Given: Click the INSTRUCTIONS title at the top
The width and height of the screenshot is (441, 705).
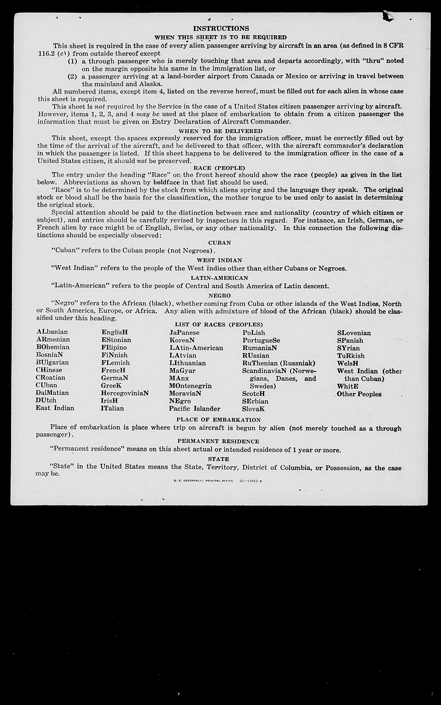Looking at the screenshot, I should (221, 28).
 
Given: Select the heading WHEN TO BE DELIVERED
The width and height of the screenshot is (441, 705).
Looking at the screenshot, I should (220, 131).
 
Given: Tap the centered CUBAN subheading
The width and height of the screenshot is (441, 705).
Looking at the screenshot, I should (219, 243).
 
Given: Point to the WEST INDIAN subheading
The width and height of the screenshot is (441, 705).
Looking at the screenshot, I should (219, 260).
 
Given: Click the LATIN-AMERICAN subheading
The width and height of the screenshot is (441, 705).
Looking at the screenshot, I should (219, 278).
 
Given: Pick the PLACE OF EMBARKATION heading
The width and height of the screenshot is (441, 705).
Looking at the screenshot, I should (218, 420).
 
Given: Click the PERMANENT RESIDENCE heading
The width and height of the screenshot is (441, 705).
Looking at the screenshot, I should (218, 441).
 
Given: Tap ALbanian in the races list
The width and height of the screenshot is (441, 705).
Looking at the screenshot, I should (52, 332).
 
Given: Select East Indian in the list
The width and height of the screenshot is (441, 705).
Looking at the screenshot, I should (55, 408).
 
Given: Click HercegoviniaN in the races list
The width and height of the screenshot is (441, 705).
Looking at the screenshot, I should (124, 393).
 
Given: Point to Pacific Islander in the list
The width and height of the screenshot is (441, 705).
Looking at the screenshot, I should (195, 409).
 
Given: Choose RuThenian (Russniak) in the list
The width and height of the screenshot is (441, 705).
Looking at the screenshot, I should (279, 363).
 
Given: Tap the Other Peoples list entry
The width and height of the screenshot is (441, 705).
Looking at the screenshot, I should (359, 394).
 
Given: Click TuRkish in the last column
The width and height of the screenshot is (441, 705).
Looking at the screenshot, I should (351, 356).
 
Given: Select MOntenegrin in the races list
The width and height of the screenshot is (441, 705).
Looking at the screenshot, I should (190, 386).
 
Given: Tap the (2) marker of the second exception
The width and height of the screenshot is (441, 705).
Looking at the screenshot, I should (72, 77).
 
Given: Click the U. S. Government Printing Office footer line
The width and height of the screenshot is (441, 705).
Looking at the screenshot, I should (217, 481).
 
